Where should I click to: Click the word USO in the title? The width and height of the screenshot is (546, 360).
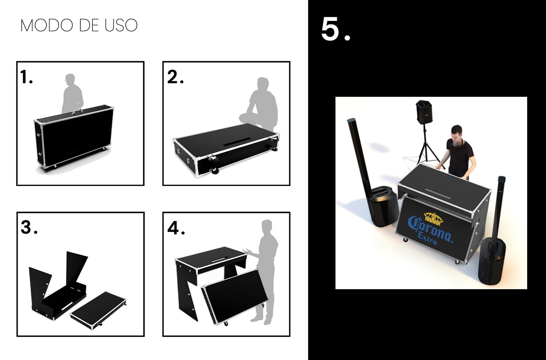tap(121, 25)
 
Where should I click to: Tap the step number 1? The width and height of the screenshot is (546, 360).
tap(26, 77)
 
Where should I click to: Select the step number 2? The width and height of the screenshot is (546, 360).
tap(175, 77)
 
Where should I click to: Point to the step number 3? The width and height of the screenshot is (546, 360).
tap(29, 228)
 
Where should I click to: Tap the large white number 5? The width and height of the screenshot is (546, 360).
tap(336, 29)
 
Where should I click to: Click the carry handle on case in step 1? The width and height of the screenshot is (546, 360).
tap(77, 111)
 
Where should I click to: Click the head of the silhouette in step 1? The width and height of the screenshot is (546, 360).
tap(70, 80)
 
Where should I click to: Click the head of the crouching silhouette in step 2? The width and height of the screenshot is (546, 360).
tap(263, 84)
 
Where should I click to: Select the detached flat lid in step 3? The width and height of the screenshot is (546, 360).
tap(98, 310)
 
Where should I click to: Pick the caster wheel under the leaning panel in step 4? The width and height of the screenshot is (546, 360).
tap(226, 324)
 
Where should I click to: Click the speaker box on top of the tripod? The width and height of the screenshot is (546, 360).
tap(424, 112)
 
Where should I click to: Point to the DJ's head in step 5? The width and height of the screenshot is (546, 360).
tap(456, 133)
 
